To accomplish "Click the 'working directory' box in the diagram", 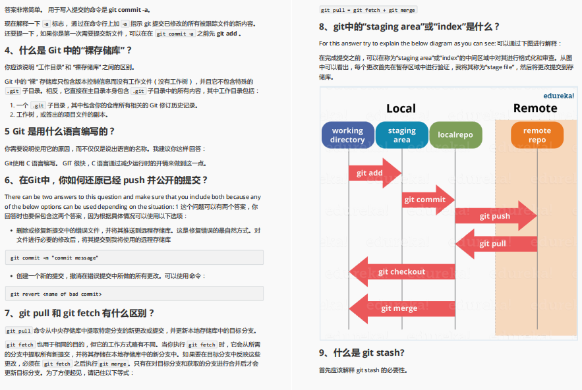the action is click(x=347, y=135).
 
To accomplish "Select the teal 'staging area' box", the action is click(x=401, y=135).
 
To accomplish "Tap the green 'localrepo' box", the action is click(x=455, y=135).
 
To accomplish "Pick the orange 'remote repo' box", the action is click(x=537, y=135).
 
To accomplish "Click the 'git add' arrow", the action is click(x=373, y=173).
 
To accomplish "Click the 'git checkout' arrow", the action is click(x=401, y=271).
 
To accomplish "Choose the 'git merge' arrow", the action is click(x=399, y=308).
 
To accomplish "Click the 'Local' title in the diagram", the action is click(x=401, y=109).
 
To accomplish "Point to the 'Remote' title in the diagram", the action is click(x=535, y=108).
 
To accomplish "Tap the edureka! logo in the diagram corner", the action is click(x=558, y=95).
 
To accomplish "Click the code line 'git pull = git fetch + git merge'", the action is click(x=368, y=10).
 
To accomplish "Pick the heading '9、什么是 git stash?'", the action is click(x=362, y=352).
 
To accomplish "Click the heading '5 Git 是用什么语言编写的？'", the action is click(x=60, y=131).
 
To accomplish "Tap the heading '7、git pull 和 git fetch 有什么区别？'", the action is click(x=80, y=313).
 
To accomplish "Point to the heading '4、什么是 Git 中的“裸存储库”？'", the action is click(x=69, y=50).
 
